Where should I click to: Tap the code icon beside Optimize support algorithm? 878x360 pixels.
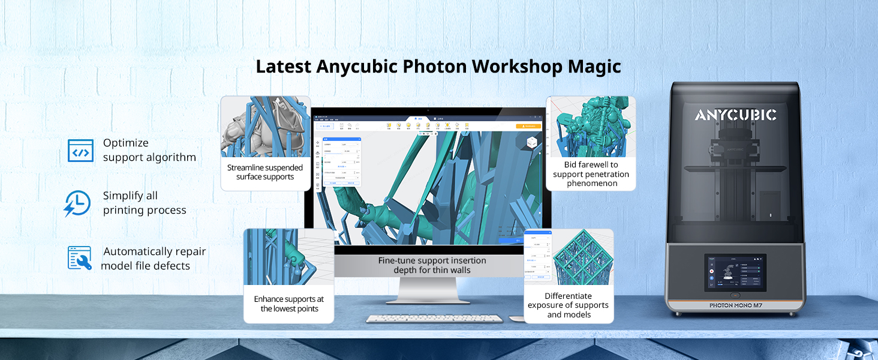pyautogui.click(x=80, y=151)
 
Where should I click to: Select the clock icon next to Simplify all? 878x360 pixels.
pyautogui.click(x=78, y=203)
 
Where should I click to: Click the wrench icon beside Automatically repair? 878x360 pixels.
pyautogui.click(x=80, y=258)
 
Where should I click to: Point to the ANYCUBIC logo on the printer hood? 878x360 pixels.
pyautogui.click(x=735, y=115)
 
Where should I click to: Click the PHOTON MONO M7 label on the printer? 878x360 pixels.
pyautogui.click(x=736, y=305)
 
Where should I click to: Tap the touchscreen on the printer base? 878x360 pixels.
pyautogui.click(x=735, y=273)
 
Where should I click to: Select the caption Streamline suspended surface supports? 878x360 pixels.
pyautogui.click(x=265, y=172)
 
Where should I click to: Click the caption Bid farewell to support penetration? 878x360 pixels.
pyautogui.click(x=591, y=173)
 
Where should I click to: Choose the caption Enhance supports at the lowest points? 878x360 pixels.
pyautogui.click(x=288, y=304)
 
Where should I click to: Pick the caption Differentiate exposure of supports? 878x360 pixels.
pyautogui.click(x=569, y=305)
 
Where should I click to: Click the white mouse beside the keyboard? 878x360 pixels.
pyautogui.click(x=516, y=317)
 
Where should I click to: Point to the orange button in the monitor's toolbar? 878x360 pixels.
pyautogui.click(x=528, y=127)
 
